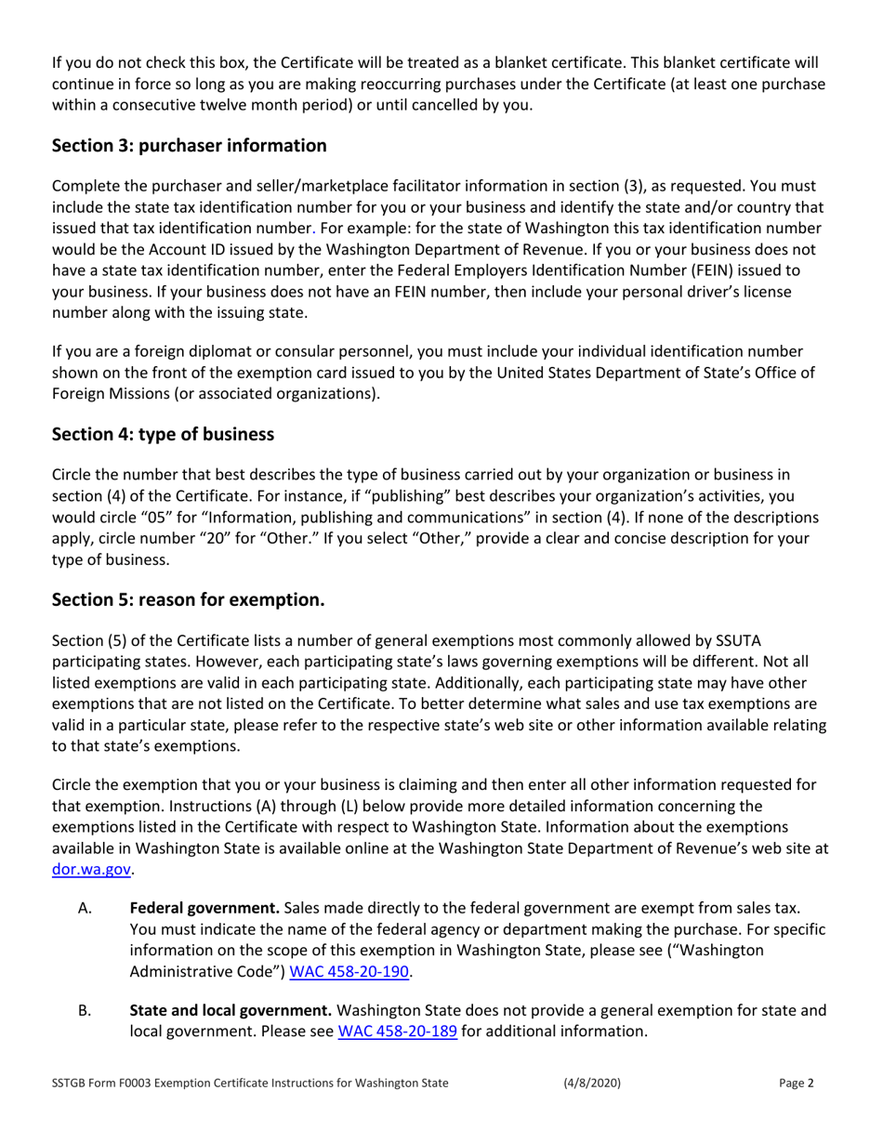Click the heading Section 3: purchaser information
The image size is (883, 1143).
click(189, 146)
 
